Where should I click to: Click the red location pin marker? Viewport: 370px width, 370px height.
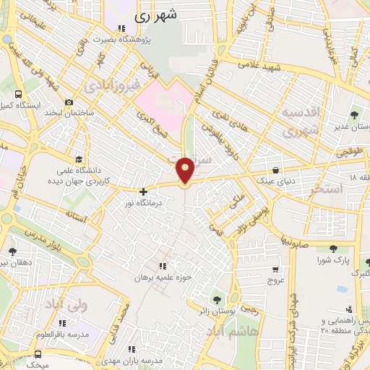(185, 171)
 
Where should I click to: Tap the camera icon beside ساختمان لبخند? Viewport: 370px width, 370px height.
(68, 103)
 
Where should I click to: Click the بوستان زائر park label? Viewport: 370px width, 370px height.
(216, 309)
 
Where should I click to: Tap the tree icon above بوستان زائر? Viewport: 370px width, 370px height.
(216, 298)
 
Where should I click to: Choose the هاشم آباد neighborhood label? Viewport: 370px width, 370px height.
(234, 333)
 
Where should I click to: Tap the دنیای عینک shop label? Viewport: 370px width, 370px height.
(275, 181)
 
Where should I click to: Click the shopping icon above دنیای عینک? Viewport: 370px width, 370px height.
(276, 171)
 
